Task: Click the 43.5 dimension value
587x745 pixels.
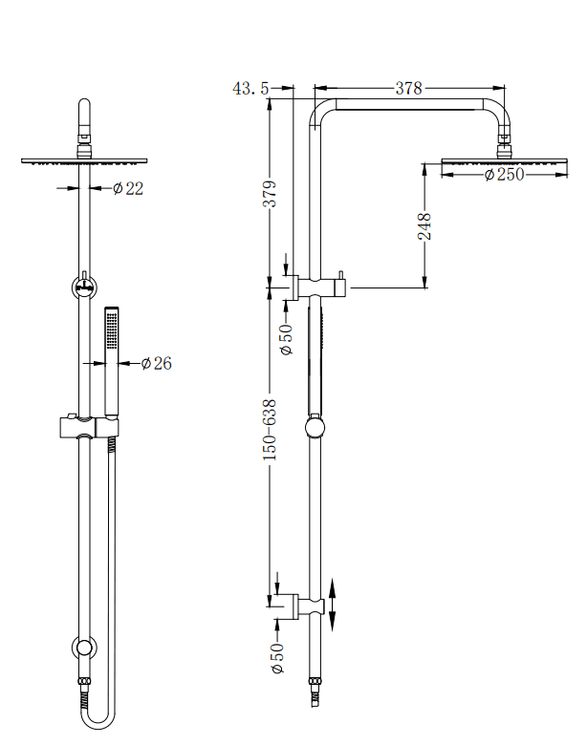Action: click(250, 88)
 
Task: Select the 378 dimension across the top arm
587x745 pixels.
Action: click(408, 88)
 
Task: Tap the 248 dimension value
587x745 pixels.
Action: click(424, 226)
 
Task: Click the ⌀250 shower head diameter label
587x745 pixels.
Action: click(504, 175)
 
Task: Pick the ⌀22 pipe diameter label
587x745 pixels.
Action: click(127, 188)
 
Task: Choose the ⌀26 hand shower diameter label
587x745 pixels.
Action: click(156, 363)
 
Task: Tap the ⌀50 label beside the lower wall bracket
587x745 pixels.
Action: click(278, 658)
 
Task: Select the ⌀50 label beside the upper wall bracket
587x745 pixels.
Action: click(285, 339)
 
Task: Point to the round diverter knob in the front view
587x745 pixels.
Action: click(85, 285)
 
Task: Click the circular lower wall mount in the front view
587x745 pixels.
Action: click(85, 649)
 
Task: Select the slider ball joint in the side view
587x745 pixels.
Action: click(313, 426)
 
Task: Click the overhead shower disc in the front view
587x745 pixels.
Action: click(85, 160)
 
